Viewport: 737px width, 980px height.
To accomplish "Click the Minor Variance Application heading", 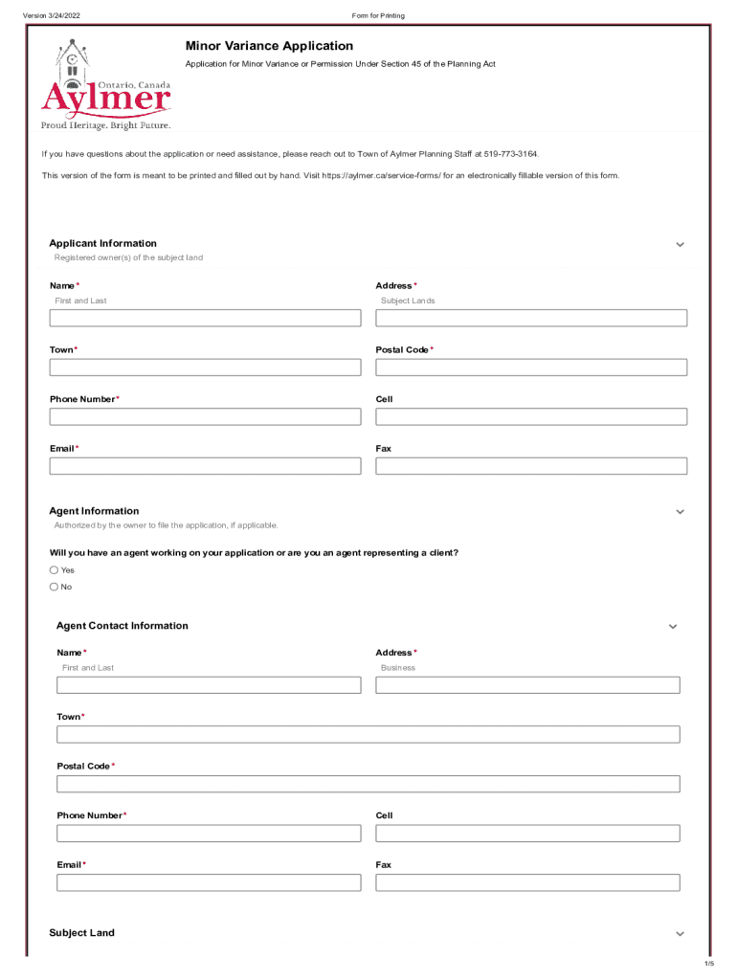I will (269, 46).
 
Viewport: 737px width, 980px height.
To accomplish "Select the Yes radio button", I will (55, 570).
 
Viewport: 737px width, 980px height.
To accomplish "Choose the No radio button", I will (55, 588).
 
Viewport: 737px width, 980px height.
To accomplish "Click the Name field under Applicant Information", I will (205, 318).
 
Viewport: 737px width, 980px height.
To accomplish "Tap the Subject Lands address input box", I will (531, 318).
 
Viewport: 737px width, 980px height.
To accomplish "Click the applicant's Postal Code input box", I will (531, 367).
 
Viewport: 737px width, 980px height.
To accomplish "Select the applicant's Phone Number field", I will (205, 417).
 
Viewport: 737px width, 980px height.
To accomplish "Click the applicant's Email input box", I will (205, 466).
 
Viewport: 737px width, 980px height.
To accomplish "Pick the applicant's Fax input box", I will (531, 466).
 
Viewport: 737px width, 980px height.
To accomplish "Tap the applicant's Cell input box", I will (531, 417).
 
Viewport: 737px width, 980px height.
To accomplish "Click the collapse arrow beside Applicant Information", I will (680, 245).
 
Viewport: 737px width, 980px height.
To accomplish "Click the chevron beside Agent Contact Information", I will (673, 627).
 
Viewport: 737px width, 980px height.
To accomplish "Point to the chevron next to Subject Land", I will (680, 934).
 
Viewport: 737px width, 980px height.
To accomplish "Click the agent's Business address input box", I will (527, 685).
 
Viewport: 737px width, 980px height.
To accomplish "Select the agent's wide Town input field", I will (368, 735).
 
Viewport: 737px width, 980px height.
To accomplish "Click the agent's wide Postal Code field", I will (368, 784).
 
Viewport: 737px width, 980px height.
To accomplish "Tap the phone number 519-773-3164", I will (511, 154).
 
